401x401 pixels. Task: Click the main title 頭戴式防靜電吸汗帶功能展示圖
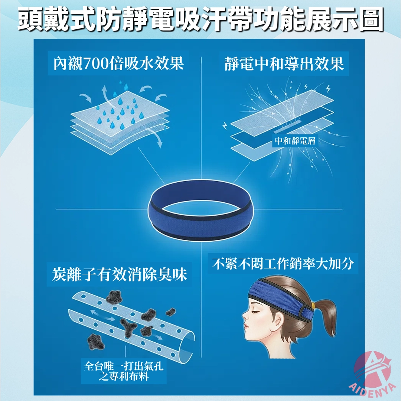click(201, 20)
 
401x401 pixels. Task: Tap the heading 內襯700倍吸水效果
click(118, 63)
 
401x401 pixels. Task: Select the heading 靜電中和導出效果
click(284, 64)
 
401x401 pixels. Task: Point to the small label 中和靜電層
click(295, 141)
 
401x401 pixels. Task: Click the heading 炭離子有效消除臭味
click(120, 274)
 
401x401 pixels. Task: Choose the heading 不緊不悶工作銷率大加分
click(283, 263)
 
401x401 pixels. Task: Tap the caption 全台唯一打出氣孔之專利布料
click(124, 371)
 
